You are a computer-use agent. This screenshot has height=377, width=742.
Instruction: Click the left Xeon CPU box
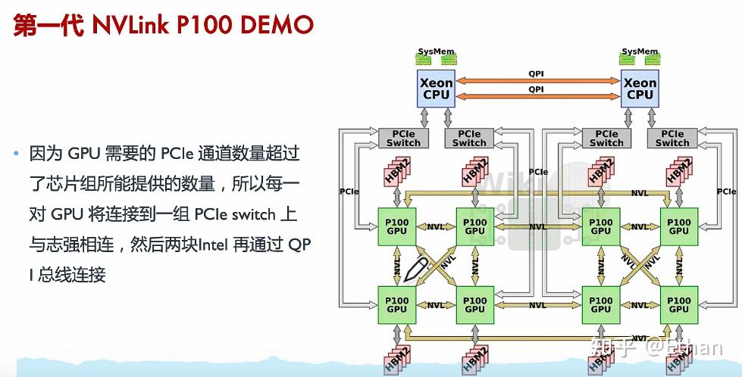pyautogui.click(x=436, y=89)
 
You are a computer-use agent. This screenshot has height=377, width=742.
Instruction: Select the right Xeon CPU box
pyautogui.click(x=640, y=89)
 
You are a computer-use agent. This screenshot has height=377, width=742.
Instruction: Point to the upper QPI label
pyautogui.click(x=536, y=73)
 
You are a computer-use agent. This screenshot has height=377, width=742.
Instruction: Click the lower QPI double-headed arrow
pyautogui.click(x=537, y=96)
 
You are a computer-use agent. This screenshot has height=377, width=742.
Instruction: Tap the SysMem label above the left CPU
pyautogui.click(x=436, y=52)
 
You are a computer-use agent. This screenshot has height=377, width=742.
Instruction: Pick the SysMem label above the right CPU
pyautogui.click(x=640, y=52)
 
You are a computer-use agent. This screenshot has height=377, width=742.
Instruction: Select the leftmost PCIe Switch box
pyautogui.click(x=403, y=138)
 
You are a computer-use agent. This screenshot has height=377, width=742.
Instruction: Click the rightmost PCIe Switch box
pyautogui.click(x=672, y=138)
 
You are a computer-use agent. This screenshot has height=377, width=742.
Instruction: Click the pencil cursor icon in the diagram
pyautogui.click(x=415, y=267)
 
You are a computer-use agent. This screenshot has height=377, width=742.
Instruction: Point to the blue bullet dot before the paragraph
pyautogui.click(x=15, y=154)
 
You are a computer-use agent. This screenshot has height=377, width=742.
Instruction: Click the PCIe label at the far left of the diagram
pyautogui.click(x=349, y=192)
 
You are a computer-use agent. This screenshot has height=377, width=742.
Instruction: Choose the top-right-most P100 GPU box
pyautogui.click(x=679, y=226)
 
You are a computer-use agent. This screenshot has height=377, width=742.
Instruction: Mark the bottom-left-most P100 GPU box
pyautogui.click(x=396, y=304)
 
